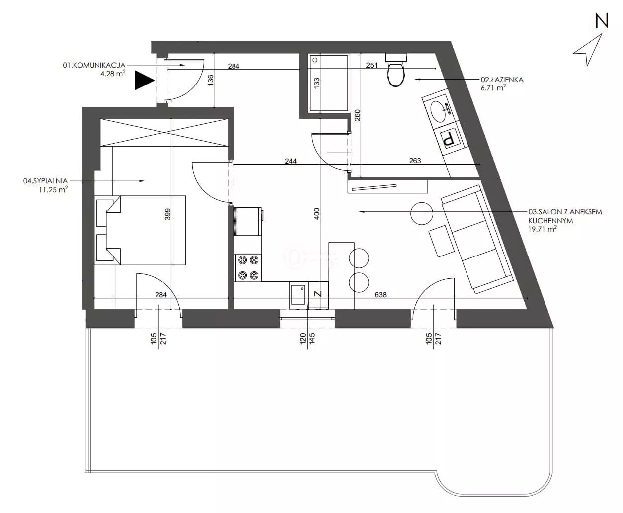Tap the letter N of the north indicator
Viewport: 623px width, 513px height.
(x=602, y=21)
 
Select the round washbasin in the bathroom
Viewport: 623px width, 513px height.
(x=438, y=111)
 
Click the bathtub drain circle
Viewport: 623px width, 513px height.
(x=315, y=60)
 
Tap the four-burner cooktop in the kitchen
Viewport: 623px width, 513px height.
(x=248, y=268)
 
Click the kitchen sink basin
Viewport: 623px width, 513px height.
(x=298, y=295)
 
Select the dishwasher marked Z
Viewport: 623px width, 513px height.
(x=318, y=295)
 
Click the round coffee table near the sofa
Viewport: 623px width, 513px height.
(x=422, y=213)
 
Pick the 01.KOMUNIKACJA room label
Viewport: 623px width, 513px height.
(x=94, y=65)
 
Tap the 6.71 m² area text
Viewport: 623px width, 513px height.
(x=493, y=88)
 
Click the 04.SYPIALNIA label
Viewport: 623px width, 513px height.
(x=46, y=181)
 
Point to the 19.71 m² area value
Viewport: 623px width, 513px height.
(x=543, y=229)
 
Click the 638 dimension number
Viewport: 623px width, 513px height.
(x=380, y=295)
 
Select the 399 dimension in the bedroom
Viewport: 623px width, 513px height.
(x=167, y=215)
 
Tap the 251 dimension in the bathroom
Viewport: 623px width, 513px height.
(x=372, y=65)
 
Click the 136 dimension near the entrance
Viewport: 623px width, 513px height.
(x=210, y=81)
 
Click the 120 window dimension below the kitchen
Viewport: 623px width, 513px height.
(x=302, y=339)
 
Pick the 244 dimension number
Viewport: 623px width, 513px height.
(x=291, y=161)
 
